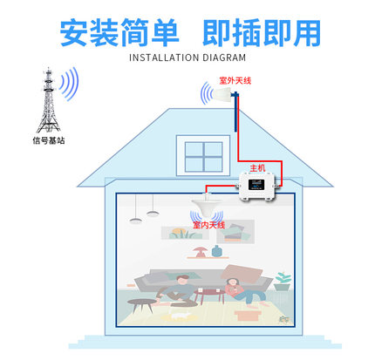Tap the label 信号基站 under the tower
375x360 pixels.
click(x=49, y=141)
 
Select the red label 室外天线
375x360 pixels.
click(x=235, y=80)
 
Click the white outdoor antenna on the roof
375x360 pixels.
click(x=222, y=93)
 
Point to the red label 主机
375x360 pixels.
click(x=257, y=168)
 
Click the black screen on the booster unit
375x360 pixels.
click(x=256, y=185)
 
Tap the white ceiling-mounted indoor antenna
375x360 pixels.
click(x=207, y=205)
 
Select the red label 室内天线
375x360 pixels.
click(x=209, y=225)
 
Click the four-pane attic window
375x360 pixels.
click(x=203, y=156)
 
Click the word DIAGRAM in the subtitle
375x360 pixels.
click(x=224, y=58)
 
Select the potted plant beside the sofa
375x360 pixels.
click(x=283, y=282)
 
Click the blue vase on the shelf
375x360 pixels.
click(x=216, y=251)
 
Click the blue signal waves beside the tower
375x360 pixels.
click(x=69, y=84)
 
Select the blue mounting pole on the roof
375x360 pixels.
click(x=235, y=112)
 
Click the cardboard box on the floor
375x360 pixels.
click(x=248, y=315)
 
